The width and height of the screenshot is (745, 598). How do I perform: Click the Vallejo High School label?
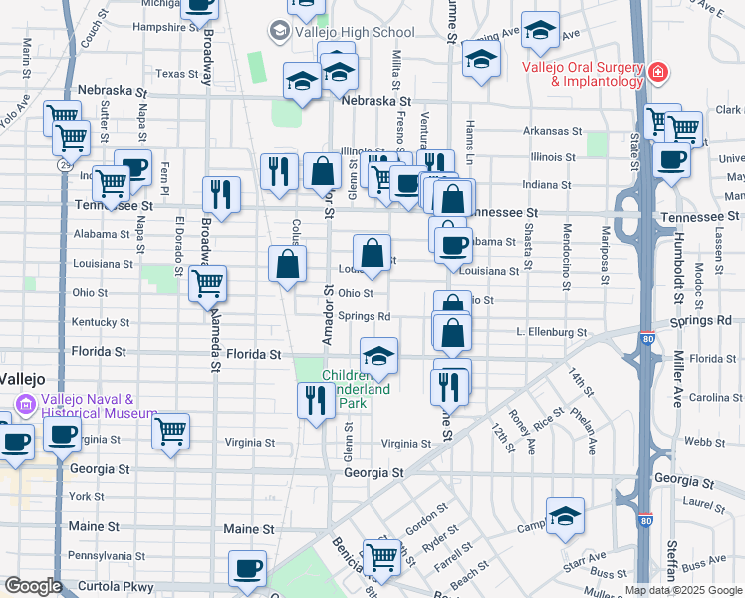[x=342, y=32]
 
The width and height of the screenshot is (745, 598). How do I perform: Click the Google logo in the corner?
[x=32, y=586]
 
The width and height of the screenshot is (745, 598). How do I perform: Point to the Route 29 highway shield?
[x=64, y=162]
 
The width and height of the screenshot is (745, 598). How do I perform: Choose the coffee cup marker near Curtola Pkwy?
[x=247, y=569]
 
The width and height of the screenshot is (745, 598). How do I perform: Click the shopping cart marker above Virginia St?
[x=170, y=432]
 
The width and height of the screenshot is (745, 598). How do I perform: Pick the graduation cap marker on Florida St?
[x=378, y=356]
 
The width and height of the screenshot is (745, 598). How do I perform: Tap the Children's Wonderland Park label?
[x=357, y=389]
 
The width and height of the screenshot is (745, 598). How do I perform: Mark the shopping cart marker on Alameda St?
[x=207, y=284]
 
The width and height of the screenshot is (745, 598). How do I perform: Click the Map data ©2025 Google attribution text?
[x=682, y=590]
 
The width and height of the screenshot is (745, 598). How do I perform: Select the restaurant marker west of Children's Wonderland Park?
[x=316, y=401]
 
